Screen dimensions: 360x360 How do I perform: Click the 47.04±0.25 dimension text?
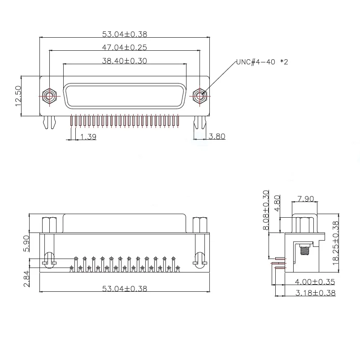pyautogui.click(x=125, y=47)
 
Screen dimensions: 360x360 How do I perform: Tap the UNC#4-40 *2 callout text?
pyautogui.click(x=262, y=62)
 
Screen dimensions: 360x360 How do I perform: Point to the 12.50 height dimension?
pyautogui.click(x=18, y=96)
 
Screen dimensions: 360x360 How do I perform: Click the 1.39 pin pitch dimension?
pyautogui.click(x=88, y=136)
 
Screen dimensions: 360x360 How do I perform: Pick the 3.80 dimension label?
pyautogui.click(x=217, y=136)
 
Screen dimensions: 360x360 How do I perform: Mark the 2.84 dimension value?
pyautogui.click(x=26, y=278)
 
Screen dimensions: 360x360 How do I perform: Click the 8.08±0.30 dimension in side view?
pyautogui.click(x=265, y=210)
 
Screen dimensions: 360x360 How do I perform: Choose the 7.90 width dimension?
pyautogui.click(x=305, y=198)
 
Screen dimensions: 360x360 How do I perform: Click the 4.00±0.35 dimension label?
pyautogui.click(x=315, y=282)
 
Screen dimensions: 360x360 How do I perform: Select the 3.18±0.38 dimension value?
pyautogui.click(x=315, y=293)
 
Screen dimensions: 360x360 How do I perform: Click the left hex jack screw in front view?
pyautogui.click(x=49, y=96)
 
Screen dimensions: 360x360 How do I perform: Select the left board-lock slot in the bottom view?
pyautogui.click(x=49, y=258)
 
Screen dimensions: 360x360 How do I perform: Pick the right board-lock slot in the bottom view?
pyautogui.click(x=200, y=258)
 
